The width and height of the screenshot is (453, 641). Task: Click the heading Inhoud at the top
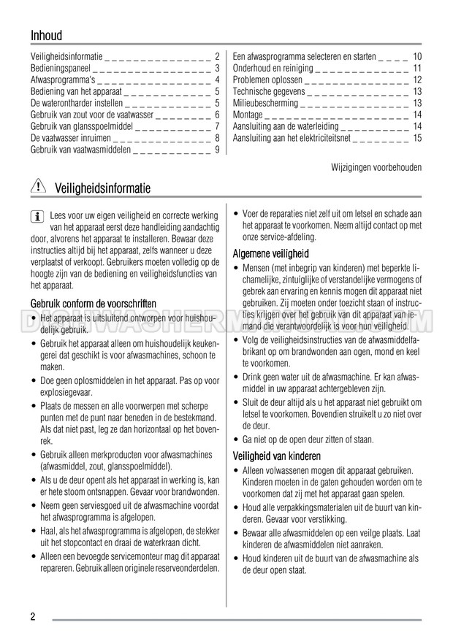[47, 35]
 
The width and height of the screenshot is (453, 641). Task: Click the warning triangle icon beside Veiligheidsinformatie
[38, 188]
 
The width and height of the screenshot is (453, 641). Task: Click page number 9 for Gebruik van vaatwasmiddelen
[217, 150]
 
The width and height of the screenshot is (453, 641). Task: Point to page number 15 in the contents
[417, 137]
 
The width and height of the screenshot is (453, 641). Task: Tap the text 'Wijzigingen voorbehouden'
[376, 167]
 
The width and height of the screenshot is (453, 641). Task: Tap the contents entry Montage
[248, 115]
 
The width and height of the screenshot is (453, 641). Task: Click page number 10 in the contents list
[417, 57]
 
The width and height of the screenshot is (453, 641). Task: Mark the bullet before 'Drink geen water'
[236, 377]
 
